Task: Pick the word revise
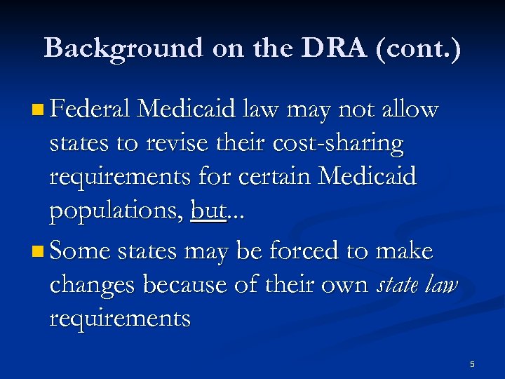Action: [x=177, y=143]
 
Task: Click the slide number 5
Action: [x=472, y=364]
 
